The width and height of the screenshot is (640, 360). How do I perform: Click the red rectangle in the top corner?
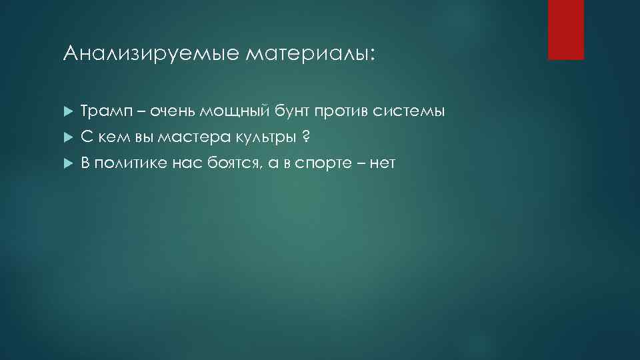tap(565, 29)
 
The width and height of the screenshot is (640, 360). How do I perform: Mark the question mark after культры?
tap(305, 136)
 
